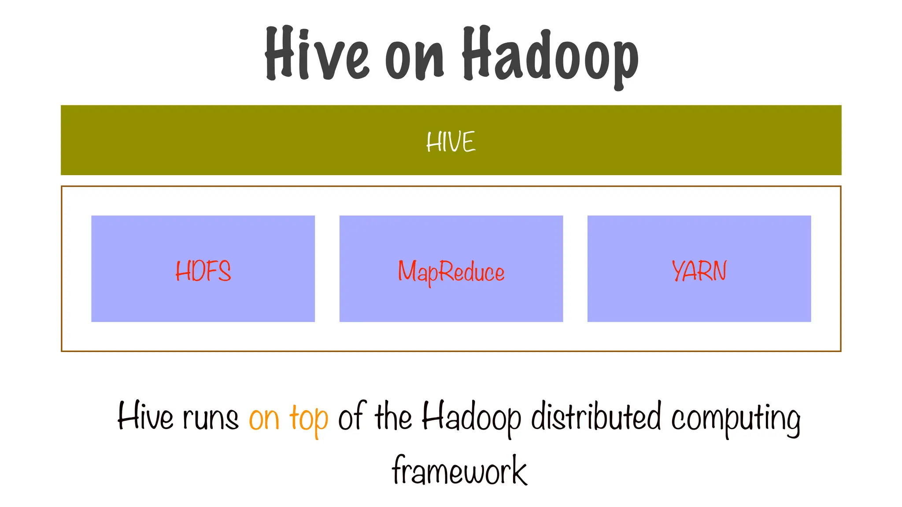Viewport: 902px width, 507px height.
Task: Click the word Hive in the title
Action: coord(316,54)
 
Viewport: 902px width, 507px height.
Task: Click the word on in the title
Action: coord(414,59)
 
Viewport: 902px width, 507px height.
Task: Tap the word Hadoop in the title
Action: coord(550,55)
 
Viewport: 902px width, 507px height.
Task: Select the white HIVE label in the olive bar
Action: coord(451,142)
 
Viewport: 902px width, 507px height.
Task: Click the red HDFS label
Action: coord(203,271)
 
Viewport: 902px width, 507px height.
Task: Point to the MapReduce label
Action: coord(451,272)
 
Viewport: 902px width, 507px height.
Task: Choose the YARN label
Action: coord(699,271)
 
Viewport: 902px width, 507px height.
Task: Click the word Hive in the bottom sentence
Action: coord(145,416)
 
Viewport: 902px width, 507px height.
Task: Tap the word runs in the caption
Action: coord(210,418)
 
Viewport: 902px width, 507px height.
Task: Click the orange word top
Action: coord(309,419)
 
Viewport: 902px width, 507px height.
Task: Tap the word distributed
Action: coord(596,416)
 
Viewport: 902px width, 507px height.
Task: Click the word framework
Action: coord(459,470)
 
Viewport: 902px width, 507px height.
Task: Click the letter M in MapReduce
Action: coord(407,271)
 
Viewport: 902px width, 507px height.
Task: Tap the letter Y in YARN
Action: coord(679,271)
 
